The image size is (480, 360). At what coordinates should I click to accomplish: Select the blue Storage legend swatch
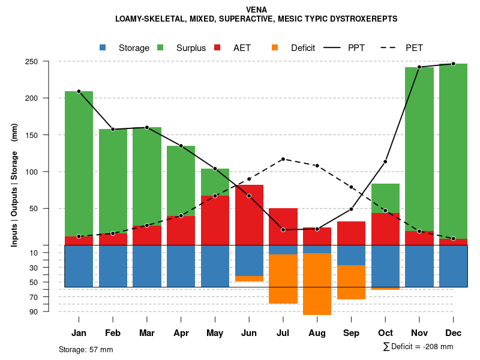point(103,47)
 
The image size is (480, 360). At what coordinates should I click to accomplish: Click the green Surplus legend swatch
point(160,47)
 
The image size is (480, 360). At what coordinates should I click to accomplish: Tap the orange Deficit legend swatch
point(275,47)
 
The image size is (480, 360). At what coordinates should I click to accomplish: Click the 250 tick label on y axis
point(49,61)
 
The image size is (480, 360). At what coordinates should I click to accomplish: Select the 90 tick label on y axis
point(50,311)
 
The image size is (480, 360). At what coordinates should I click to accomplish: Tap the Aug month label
point(317,333)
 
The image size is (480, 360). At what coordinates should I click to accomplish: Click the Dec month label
point(453,333)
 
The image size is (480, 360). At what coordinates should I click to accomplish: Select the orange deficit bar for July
point(283,278)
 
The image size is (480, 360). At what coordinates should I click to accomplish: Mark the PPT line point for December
point(454,64)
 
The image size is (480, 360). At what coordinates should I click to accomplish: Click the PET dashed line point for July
point(283,159)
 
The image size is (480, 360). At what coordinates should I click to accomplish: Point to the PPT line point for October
point(385,162)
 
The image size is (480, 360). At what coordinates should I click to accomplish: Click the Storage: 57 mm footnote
point(86,349)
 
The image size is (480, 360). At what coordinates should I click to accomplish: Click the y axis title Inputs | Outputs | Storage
point(14,185)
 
